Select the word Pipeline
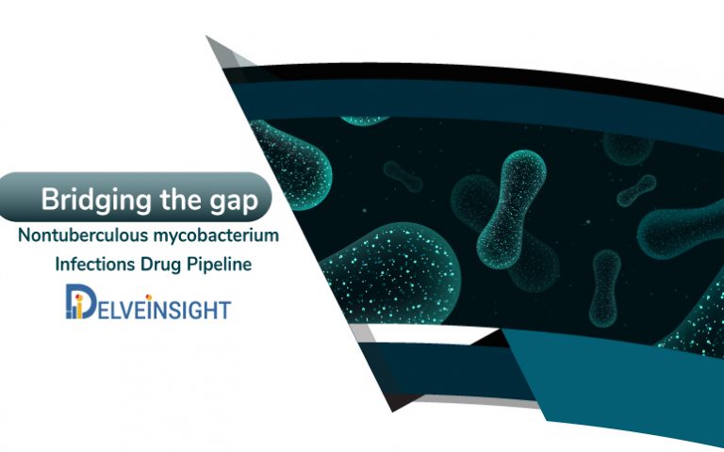tap(219, 265)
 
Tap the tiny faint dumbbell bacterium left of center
tap(406, 175)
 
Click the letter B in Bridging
tap(48, 200)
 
